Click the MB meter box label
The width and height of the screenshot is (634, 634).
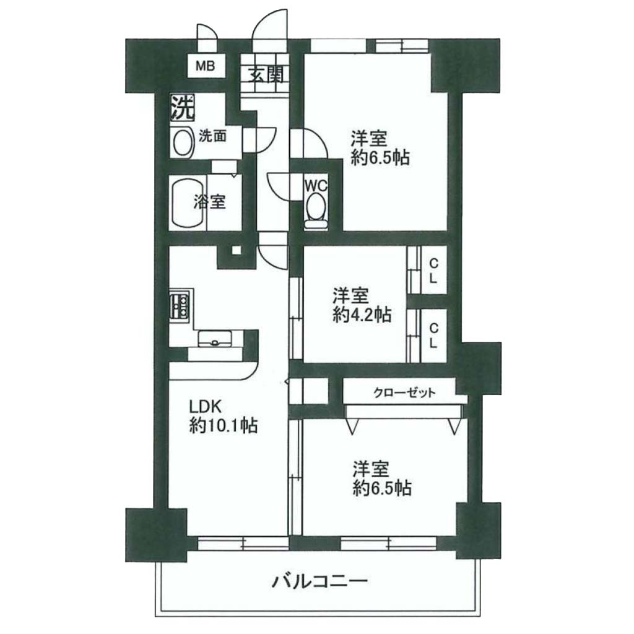(206, 66)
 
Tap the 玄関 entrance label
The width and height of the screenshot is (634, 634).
(266, 74)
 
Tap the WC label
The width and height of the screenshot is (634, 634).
(316, 186)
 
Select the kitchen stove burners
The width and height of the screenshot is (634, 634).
(180, 306)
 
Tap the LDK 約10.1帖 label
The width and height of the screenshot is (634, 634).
(224, 417)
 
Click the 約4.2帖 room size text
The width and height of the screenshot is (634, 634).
(362, 314)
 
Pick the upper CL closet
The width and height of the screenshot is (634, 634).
(433, 271)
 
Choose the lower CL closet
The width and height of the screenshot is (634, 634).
(433, 336)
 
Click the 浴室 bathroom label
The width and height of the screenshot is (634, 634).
(209, 202)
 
